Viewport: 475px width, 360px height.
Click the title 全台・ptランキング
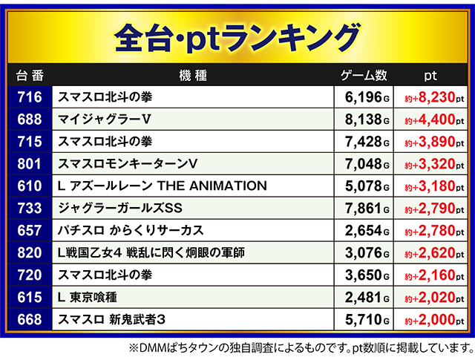pyautogui.click(x=237, y=36)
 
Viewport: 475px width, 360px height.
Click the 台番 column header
pyautogui.click(x=29, y=76)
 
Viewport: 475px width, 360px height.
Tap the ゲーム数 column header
pyautogui.click(x=364, y=76)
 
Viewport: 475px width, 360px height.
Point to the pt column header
pyautogui.click(x=430, y=76)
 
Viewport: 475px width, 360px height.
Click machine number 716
pyautogui.click(x=29, y=97)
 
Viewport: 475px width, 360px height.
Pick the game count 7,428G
pyautogui.click(x=367, y=142)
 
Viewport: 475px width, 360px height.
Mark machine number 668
pyautogui.click(x=29, y=320)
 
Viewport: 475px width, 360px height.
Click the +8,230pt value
pyautogui.click(x=434, y=97)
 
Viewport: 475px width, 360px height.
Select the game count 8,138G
pyautogui.click(x=367, y=120)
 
